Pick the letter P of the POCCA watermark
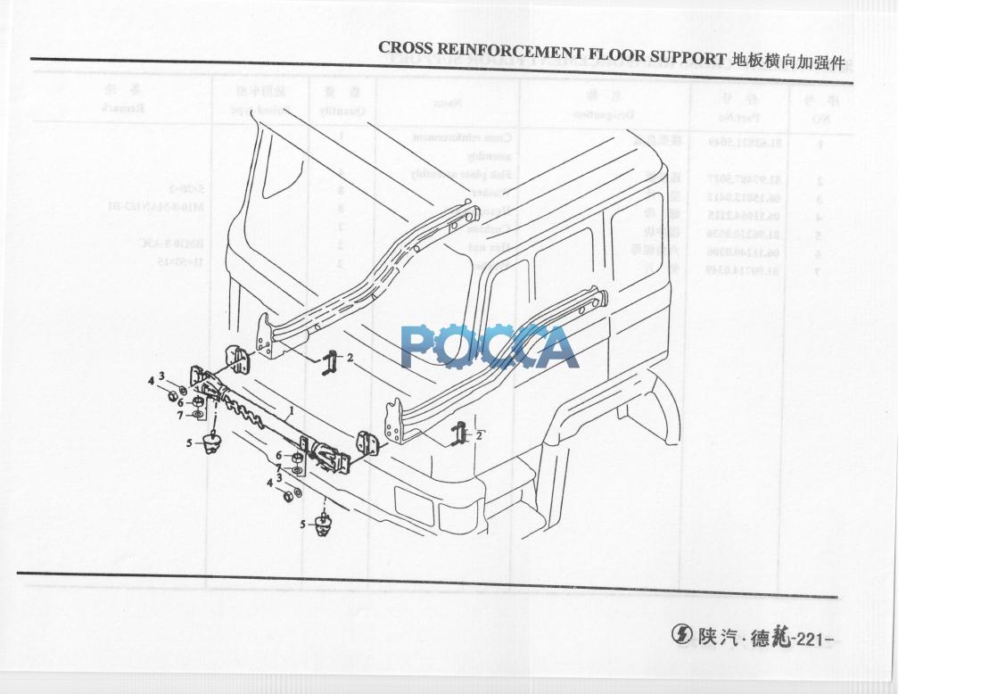pyautogui.click(x=418, y=347)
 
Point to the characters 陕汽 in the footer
pyautogui.click(x=719, y=638)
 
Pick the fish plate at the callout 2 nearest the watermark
pyautogui.click(x=331, y=362)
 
